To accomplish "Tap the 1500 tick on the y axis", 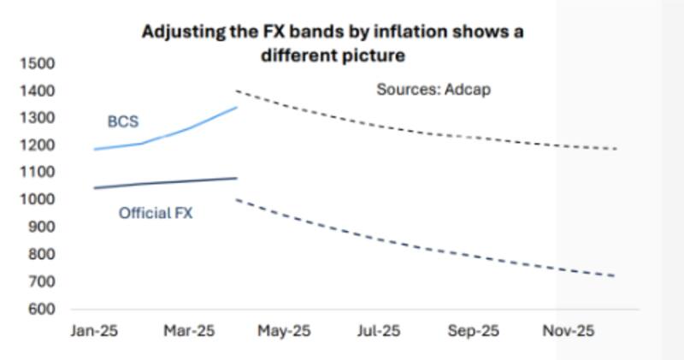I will [x=38, y=63].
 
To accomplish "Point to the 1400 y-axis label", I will [x=38, y=91].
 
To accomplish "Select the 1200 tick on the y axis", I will [x=38, y=145].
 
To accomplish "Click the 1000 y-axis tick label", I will [x=38, y=199].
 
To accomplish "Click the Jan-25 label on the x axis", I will [x=93, y=330].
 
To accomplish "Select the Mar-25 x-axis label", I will [x=189, y=330].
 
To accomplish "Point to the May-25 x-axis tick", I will [x=284, y=330].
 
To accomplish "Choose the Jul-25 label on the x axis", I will [x=379, y=330].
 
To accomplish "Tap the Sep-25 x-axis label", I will [x=473, y=330].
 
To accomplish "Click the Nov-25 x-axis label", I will [x=569, y=330].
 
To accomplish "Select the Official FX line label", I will [x=156, y=213].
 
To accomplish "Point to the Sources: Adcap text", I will [x=434, y=90].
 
